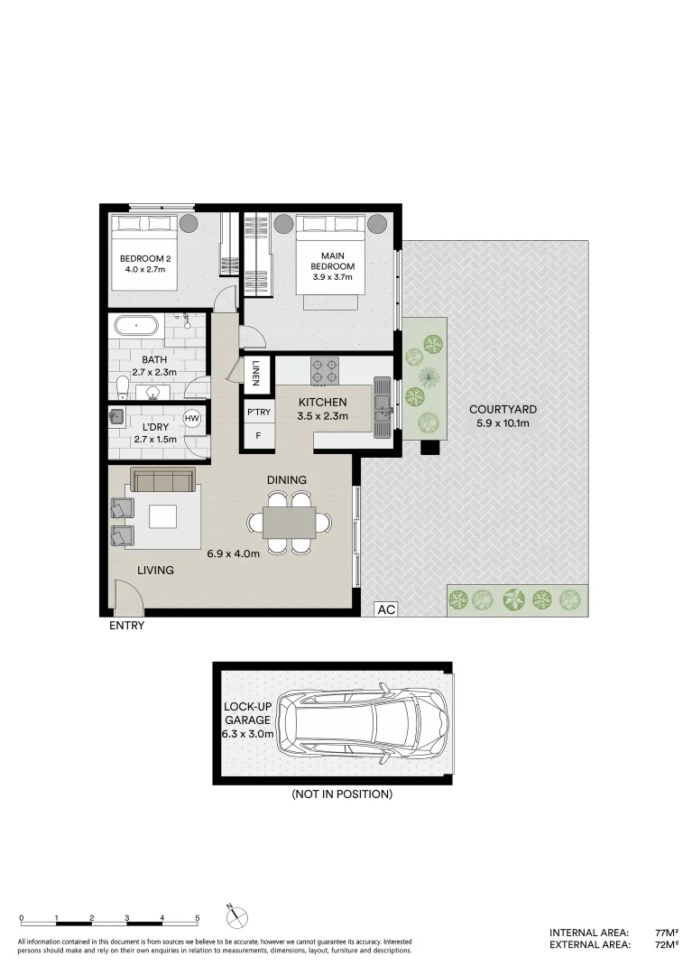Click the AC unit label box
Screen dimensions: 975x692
click(386, 609)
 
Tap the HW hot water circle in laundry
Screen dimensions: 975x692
click(191, 418)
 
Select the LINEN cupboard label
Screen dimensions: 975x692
click(256, 373)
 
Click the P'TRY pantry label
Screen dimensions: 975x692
click(258, 413)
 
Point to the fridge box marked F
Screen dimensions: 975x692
click(258, 436)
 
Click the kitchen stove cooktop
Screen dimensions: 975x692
click(325, 368)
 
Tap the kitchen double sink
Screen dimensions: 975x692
click(383, 406)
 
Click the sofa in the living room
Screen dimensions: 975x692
click(163, 480)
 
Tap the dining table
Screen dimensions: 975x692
click(290, 522)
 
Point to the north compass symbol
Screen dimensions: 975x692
click(236, 915)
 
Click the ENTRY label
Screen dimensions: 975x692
click(125, 625)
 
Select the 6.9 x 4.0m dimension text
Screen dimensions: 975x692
click(233, 553)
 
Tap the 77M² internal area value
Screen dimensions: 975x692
click(666, 933)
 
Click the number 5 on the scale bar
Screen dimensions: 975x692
click(198, 917)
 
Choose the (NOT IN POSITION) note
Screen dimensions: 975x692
click(341, 794)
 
